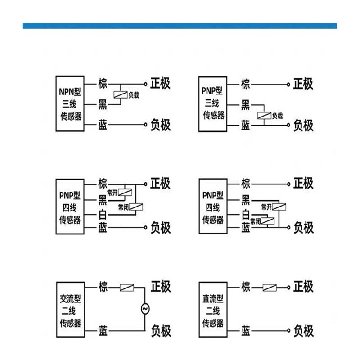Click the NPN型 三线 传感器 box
[x=70, y=104]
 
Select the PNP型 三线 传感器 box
[x=213, y=104]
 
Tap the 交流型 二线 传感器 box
[x=70, y=310]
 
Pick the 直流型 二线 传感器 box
[x=213, y=310]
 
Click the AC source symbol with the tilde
[x=145, y=309]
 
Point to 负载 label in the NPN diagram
[x=134, y=95]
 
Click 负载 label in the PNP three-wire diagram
[x=277, y=116]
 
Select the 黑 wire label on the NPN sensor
[x=103, y=105]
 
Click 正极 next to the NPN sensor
[x=160, y=84]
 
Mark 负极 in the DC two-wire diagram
[x=303, y=331]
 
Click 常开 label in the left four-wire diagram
[x=112, y=193]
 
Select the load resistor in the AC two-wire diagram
[x=127, y=287]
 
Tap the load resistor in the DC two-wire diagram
[x=270, y=287]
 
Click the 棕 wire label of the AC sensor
[x=103, y=287]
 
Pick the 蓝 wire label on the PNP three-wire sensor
[x=245, y=125]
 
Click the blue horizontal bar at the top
[x=180, y=26]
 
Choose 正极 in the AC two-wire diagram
[x=160, y=287]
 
